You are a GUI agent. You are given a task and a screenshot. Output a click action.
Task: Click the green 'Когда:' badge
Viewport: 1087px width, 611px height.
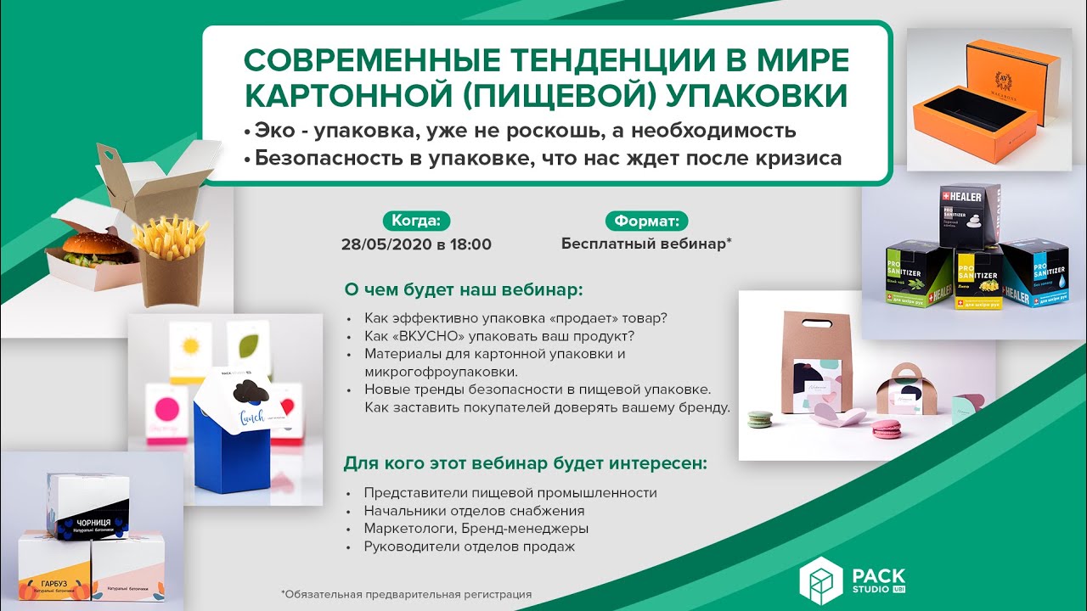[x=416, y=221]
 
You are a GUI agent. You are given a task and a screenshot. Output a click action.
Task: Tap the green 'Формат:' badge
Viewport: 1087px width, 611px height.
[x=646, y=221]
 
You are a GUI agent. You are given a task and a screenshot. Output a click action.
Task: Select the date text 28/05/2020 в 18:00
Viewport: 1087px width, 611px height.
[x=416, y=244]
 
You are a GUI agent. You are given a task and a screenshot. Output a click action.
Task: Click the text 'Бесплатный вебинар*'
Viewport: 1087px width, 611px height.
[x=646, y=244]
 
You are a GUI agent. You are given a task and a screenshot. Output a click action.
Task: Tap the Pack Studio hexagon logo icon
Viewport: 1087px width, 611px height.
[x=819, y=581]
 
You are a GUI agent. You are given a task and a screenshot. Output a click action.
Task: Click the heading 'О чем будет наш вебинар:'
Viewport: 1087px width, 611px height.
[x=463, y=289]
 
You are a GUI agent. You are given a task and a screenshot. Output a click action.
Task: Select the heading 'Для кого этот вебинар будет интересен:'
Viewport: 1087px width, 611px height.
[x=525, y=464]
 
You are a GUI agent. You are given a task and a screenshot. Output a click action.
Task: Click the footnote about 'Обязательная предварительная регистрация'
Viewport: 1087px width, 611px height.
[x=406, y=594]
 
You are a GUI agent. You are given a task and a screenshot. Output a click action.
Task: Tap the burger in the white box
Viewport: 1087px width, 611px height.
[x=88, y=247]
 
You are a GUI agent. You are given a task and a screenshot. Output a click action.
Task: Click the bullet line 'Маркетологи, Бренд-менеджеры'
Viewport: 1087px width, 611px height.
[x=476, y=529]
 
